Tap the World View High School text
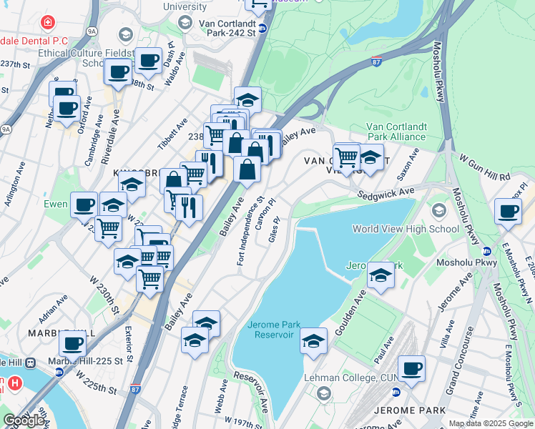[x=406, y=229]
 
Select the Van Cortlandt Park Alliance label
[x=396, y=132]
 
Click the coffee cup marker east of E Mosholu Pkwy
[x=508, y=212]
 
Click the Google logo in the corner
[x=24, y=420]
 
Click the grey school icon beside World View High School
[x=438, y=210]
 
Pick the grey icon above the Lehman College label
[x=323, y=393]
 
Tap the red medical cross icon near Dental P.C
[x=48, y=23]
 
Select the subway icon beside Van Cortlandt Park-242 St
[x=262, y=29]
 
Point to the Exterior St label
[x=129, y=342]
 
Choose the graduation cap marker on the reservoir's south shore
[x=313, y=341]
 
